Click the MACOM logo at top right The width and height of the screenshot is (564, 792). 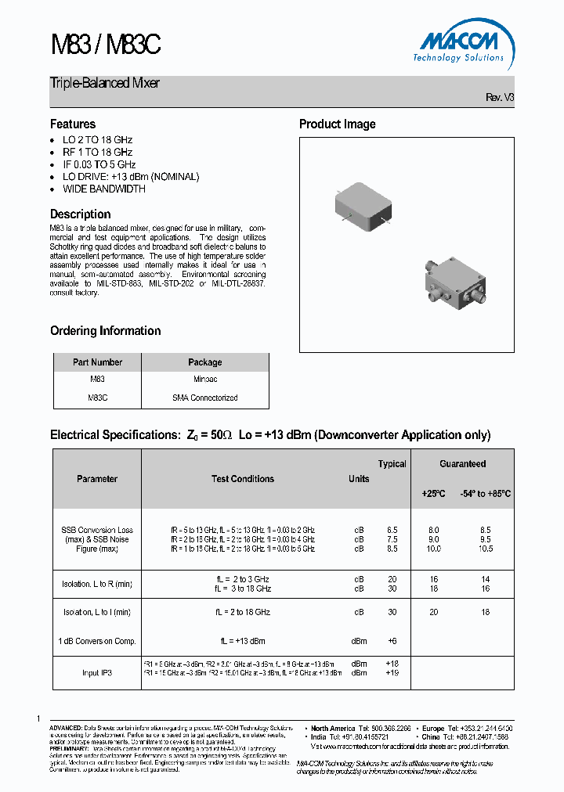point(457,43)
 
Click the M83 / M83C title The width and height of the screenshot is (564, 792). point(105,45)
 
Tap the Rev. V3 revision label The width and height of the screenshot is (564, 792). point(500,98)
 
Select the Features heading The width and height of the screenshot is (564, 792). point(73,124)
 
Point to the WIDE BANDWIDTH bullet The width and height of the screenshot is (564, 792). point(103,189)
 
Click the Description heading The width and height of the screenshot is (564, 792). point(80,214)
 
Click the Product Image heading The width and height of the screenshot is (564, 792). point(337,124)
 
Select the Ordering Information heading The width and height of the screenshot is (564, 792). point(105,330)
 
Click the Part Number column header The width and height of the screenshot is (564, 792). point(97,362)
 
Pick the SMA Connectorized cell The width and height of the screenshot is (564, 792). point(204,398)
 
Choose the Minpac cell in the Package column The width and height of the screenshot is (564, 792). point(204,379)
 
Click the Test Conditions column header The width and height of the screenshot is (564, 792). point(243,479)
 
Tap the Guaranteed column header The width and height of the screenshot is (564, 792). point(462,464)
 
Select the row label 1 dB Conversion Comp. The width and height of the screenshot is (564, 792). point(97,641)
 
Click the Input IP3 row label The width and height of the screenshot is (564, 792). point(97,672)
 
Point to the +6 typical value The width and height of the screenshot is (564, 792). point(392,641)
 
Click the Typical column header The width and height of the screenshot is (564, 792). point(392,464)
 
